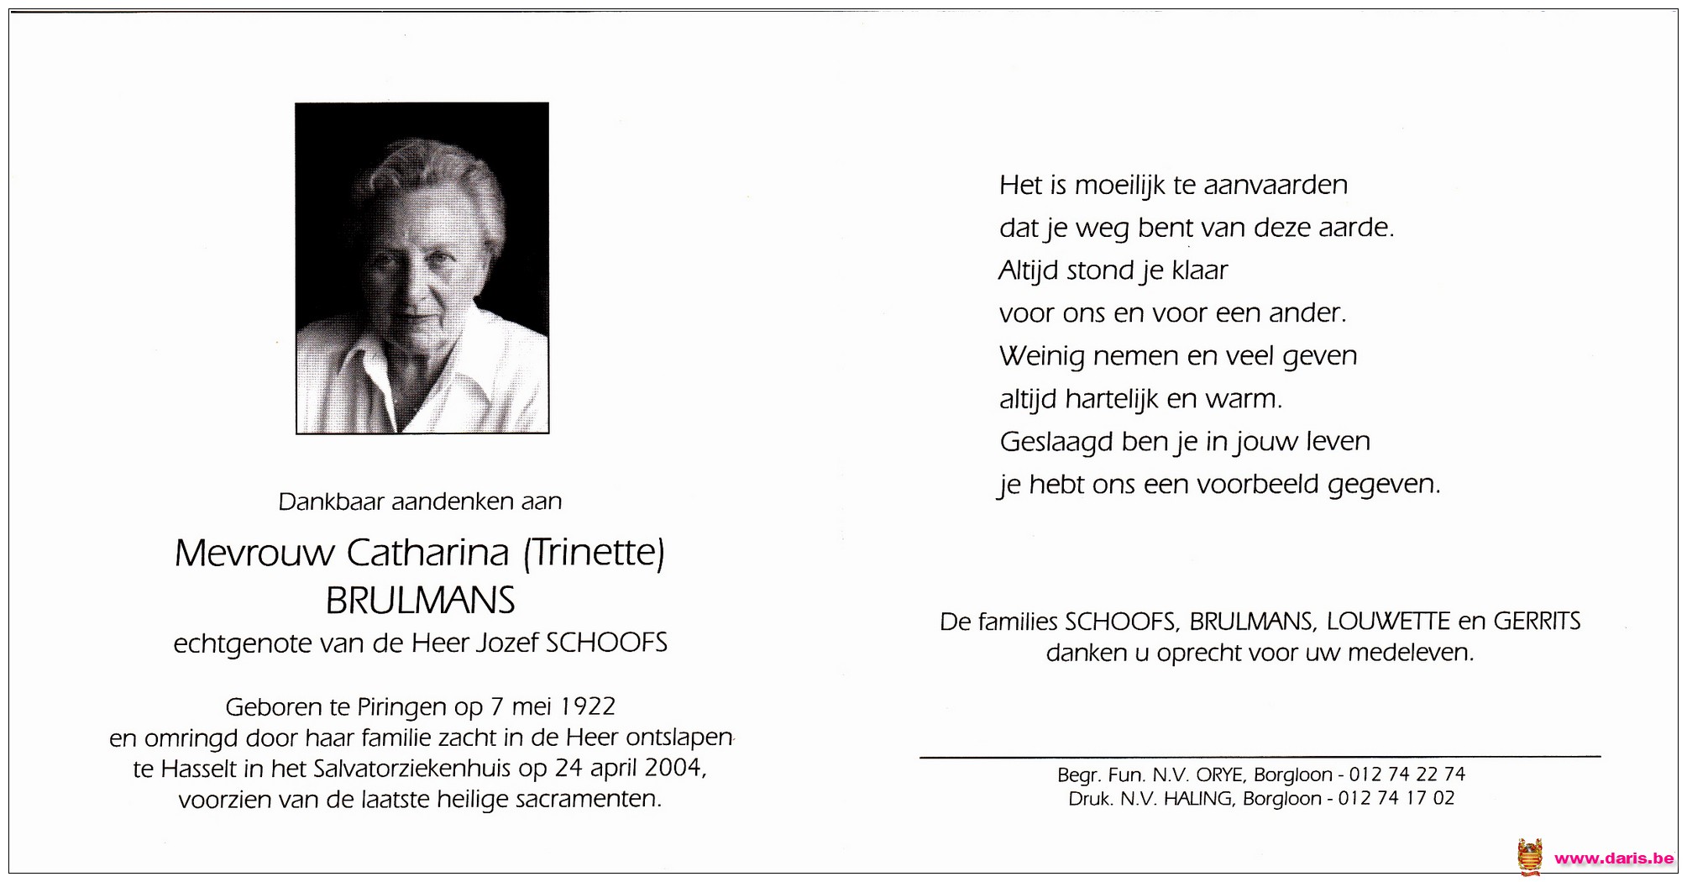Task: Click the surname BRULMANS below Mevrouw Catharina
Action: coord(420,601)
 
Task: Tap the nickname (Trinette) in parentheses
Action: coord(594,554)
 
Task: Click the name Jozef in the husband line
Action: coord(507,643)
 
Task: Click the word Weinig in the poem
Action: coord(1041,356)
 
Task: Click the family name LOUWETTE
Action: coord(1387,622)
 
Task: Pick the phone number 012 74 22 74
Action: coord(1407,774)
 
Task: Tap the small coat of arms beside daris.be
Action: coord(1531,857)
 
